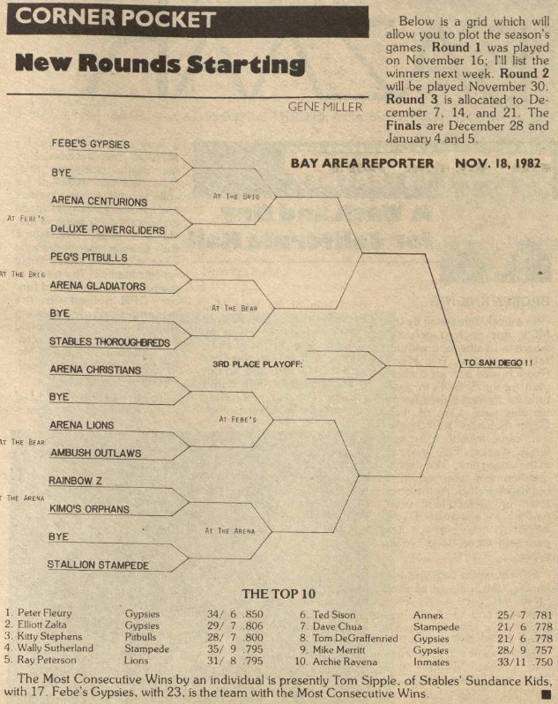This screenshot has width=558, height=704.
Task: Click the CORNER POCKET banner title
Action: (x=115, y=19)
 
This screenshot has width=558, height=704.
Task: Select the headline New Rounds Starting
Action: (x=160, y=64)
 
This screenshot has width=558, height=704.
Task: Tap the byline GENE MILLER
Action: (x=324, y=107)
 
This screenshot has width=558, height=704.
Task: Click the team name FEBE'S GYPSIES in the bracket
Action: (x=91, y=144)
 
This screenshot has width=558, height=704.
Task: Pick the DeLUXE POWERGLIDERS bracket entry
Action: (x=108, y=230)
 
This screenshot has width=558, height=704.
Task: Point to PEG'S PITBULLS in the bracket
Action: (x=89, y=258)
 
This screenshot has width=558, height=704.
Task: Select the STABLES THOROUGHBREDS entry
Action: (x=109, y=342)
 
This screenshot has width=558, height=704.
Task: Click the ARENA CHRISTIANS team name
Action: (x=95, y=370)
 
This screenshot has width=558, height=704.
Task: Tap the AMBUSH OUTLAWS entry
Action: (x=95, y=453)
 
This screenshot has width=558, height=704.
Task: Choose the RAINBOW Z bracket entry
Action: (x=75, y=481)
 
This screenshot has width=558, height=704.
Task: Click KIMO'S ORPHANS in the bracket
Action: (x=89, y=509)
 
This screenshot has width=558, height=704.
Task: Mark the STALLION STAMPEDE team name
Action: (x=98, y=565)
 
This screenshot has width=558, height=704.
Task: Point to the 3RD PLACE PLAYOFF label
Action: (x=257, y=364)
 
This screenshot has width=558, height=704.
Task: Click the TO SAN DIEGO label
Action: (x=498, y=363)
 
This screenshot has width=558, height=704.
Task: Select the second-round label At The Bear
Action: (x=234, y=309)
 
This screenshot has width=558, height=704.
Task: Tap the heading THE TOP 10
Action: (x=279, y=594)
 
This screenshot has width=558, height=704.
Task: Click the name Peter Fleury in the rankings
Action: (x=44, y=613)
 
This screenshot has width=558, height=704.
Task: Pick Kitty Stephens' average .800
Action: (x=253, y=637)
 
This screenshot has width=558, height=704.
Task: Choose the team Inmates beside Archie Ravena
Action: (x=431, y=662)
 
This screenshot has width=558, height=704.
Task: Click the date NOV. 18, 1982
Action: (x=498, y=163)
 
